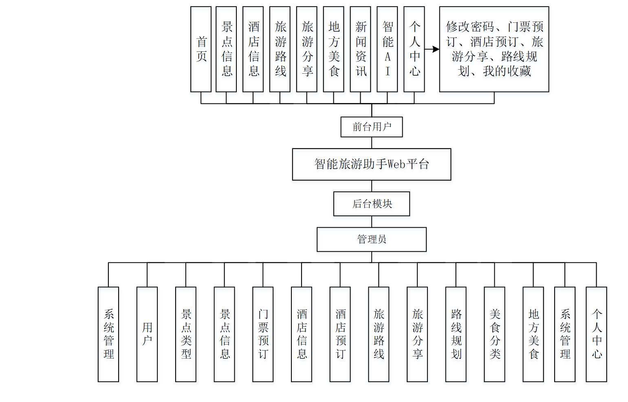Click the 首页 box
201,49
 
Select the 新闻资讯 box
360,49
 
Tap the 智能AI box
387,49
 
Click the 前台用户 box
372,127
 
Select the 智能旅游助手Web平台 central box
372,165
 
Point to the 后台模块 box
372,204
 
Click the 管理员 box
372,239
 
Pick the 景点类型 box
186,334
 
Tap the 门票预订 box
263,334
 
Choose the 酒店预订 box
340,334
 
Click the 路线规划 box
456,334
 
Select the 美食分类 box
495,334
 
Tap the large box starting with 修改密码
494,49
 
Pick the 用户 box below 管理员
147,334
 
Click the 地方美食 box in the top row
333,49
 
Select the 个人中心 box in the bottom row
597,334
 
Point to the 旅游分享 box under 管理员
417,334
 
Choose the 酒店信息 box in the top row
253,49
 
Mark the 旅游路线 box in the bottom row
379,334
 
